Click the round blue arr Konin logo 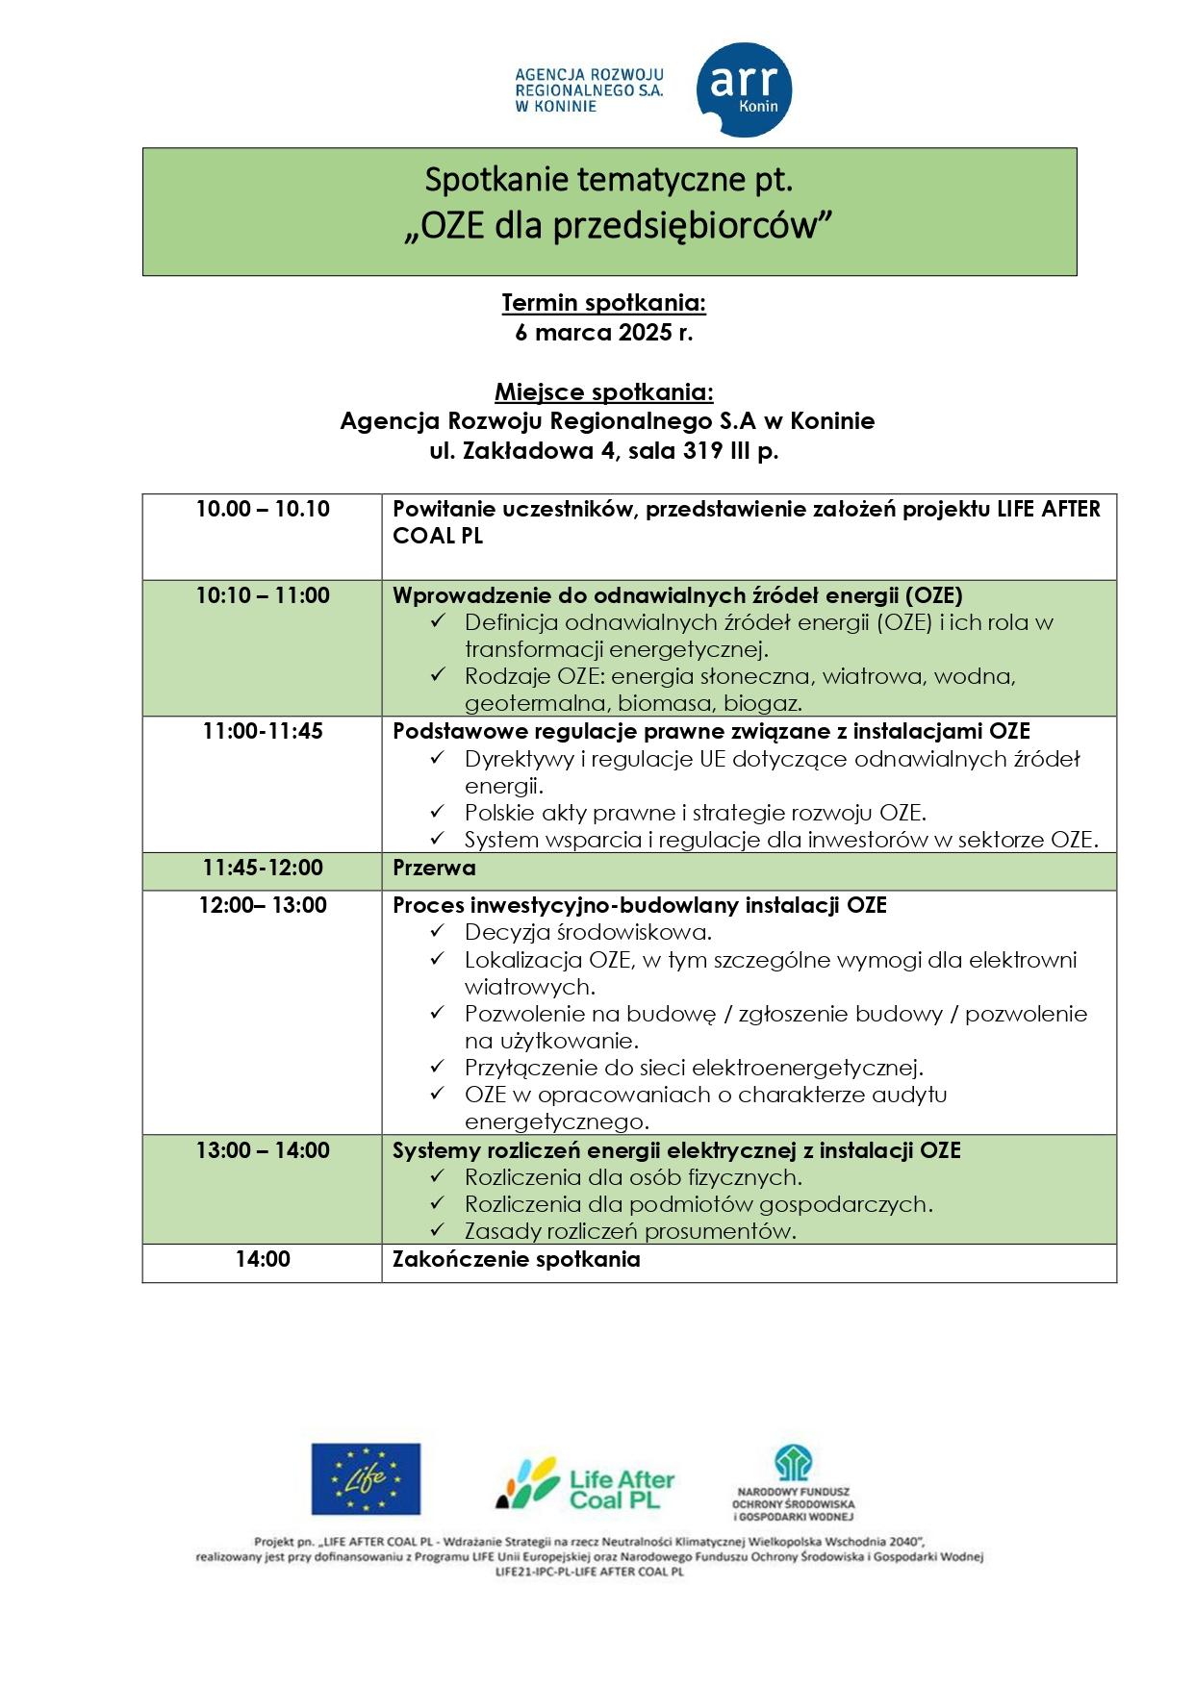coord(744,89)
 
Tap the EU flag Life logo coord(365,1478)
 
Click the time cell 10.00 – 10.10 coord(263,509)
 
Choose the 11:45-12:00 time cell coord(263,868)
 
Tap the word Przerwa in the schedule coord(434,868)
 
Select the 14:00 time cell coord(263,1258)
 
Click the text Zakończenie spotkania coord(516,1258)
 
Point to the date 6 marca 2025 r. coord(603,333)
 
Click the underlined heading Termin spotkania coord(603,303)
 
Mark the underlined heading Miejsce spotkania coord(603,391)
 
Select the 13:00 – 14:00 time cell coord(263,1149)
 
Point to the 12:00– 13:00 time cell coord(263,905)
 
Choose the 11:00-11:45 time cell coord(263,731)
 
